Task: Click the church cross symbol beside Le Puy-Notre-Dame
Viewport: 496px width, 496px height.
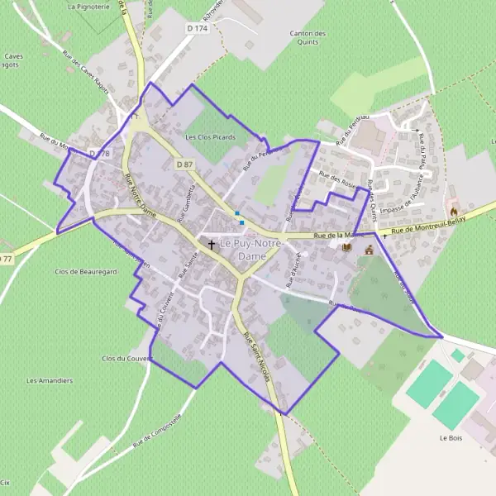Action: [212, 245]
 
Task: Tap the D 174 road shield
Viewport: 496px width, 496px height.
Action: [197, 28]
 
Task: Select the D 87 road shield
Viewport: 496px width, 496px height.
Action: [184, 165]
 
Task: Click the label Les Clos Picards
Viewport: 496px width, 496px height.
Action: [211, 137]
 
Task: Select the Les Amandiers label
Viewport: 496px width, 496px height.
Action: [50, 381]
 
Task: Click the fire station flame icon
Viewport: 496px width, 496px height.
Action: [453, 212]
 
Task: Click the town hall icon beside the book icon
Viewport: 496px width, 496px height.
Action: [369, 248]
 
